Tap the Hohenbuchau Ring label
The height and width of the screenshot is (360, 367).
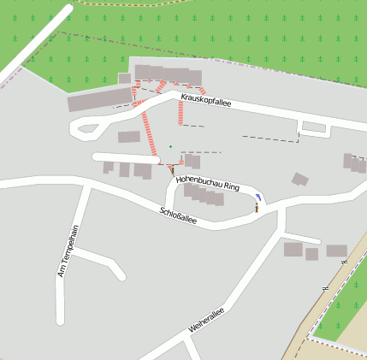[208, 184]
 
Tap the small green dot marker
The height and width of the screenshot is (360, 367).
[170, 146]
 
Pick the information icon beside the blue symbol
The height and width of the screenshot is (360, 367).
[256, 207]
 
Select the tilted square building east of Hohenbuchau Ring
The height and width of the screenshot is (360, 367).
[299, 179]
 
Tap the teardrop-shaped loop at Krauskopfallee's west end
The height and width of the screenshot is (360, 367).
[85, 131]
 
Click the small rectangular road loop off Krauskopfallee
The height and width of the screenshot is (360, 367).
[314, 127]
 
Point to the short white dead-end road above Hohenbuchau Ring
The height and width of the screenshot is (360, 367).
[125, 157]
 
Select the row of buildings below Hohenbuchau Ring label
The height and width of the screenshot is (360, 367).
[204, 196]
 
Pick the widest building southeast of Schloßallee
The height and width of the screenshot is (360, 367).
[336, 251]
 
